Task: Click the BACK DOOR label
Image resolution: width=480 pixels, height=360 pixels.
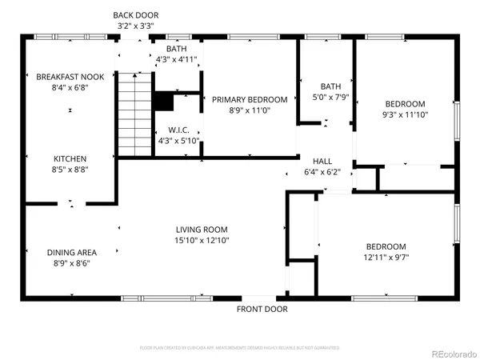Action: click(x=135, y=15)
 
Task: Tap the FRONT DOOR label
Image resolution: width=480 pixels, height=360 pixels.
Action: click(x=262, y=309)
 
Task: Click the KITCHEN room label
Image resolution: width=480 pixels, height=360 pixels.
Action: click(x=70, y=158)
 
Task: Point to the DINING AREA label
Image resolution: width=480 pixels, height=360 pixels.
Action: click(x=71, y=252)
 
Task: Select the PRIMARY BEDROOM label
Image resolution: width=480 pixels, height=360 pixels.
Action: click(x=249, y=99)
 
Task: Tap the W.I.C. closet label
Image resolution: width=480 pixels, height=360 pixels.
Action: click(x=178, y=130)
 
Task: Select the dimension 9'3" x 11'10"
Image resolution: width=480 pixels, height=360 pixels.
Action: click(x=405, y=115)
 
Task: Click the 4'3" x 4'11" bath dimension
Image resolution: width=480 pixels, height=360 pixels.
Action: click(x=176, y=58)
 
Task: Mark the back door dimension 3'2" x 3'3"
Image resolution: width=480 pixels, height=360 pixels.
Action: click(x=135, y=26)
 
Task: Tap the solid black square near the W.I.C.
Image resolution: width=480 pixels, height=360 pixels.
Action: click(x=163, y=102)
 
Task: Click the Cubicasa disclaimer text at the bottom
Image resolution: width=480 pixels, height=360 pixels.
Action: click(x=239, y=348)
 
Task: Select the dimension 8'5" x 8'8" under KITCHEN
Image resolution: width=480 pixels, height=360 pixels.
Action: click(x=70, y=170)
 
